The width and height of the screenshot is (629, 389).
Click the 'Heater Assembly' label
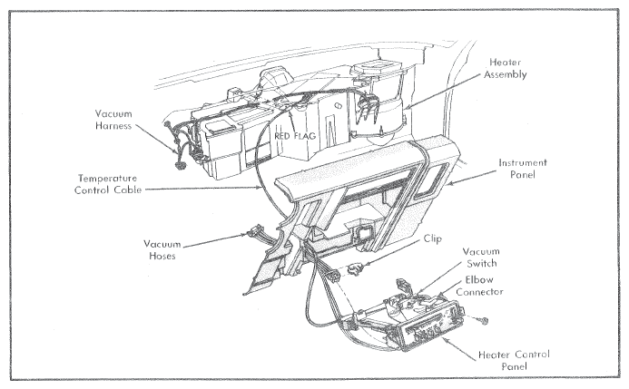point(505,69)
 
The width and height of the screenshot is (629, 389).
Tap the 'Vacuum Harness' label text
point(113,120)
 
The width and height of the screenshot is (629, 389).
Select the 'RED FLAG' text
point(295,136)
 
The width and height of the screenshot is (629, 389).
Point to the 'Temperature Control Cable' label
point(108,184)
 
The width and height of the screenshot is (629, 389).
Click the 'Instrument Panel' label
point(523,169)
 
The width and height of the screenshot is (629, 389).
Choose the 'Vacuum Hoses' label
point(162,250)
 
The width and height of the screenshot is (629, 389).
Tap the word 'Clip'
point(432,238)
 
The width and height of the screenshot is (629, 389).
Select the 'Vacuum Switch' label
point(481,258)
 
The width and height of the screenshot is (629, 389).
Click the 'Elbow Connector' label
point(479,286)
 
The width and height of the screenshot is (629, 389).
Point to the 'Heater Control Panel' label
point(514,361)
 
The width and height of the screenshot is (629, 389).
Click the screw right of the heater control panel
point(484,320)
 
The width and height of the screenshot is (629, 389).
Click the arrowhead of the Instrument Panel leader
point(449,184)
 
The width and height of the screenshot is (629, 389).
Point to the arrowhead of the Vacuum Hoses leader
point(246,235)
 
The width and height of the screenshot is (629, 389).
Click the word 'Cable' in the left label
point(128,190)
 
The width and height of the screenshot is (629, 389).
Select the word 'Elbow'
point(479,280)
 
